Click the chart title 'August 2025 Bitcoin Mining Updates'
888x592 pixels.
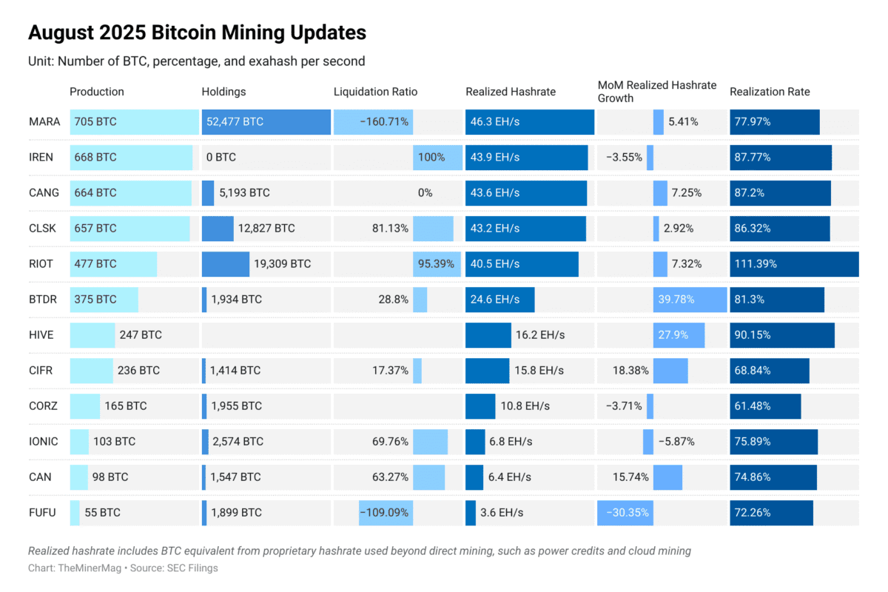[197, 33]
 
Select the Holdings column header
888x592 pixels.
[223, 92]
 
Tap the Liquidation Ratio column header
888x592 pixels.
[375, 92]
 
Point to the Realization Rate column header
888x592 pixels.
[770, 92]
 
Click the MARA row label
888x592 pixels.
[44, 122]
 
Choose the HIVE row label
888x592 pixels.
[41, 334]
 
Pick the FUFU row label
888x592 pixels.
[42, 512]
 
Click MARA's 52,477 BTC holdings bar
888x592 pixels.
[266, 122]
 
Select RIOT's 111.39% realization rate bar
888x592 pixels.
[794, 264]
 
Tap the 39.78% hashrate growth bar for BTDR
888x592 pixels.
[690, 300]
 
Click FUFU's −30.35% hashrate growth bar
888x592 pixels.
[625, 512]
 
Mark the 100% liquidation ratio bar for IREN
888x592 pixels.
[437, 158]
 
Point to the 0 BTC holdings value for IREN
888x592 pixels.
[221, 158]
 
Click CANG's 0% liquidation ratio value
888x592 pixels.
[425, 193]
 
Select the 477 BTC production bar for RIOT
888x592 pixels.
[113, 264]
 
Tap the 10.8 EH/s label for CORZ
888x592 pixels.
[525, 406]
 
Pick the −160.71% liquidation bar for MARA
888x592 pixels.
[373, 122]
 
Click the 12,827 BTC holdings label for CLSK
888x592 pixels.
[266, 229]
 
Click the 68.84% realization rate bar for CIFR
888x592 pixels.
[770, 371]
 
